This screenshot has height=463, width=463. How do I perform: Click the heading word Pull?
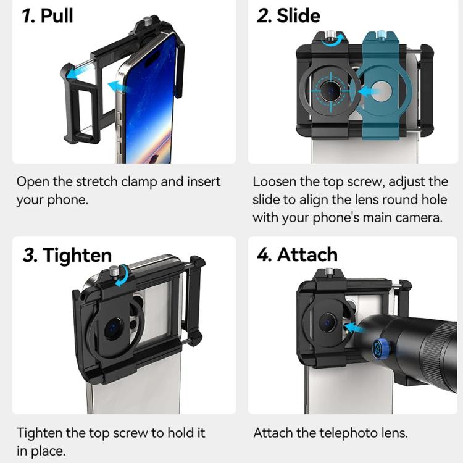(x=57, y=15)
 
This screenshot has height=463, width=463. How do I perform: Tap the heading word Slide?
(x=298, y=15)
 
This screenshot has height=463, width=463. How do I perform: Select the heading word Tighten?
(x=77, y=256)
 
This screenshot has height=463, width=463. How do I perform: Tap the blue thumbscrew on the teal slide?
(x=382, y=34)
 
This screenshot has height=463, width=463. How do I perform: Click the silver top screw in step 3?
(x=114, y=271)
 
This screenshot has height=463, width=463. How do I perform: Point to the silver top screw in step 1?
(x=146, y=21)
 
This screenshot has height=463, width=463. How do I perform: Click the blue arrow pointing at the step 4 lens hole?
(x=352, y=328)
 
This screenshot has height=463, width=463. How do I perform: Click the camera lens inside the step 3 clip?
(x=114, y=328)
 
